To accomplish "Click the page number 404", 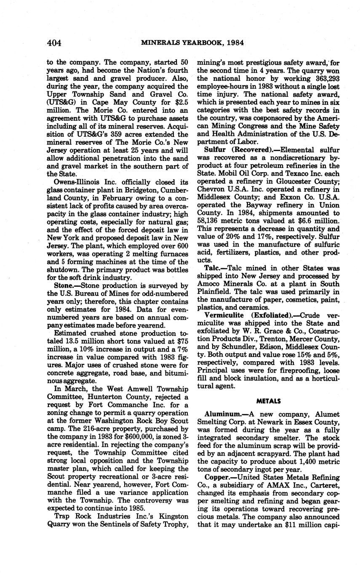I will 54,43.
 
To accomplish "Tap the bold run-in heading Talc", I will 213,268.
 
